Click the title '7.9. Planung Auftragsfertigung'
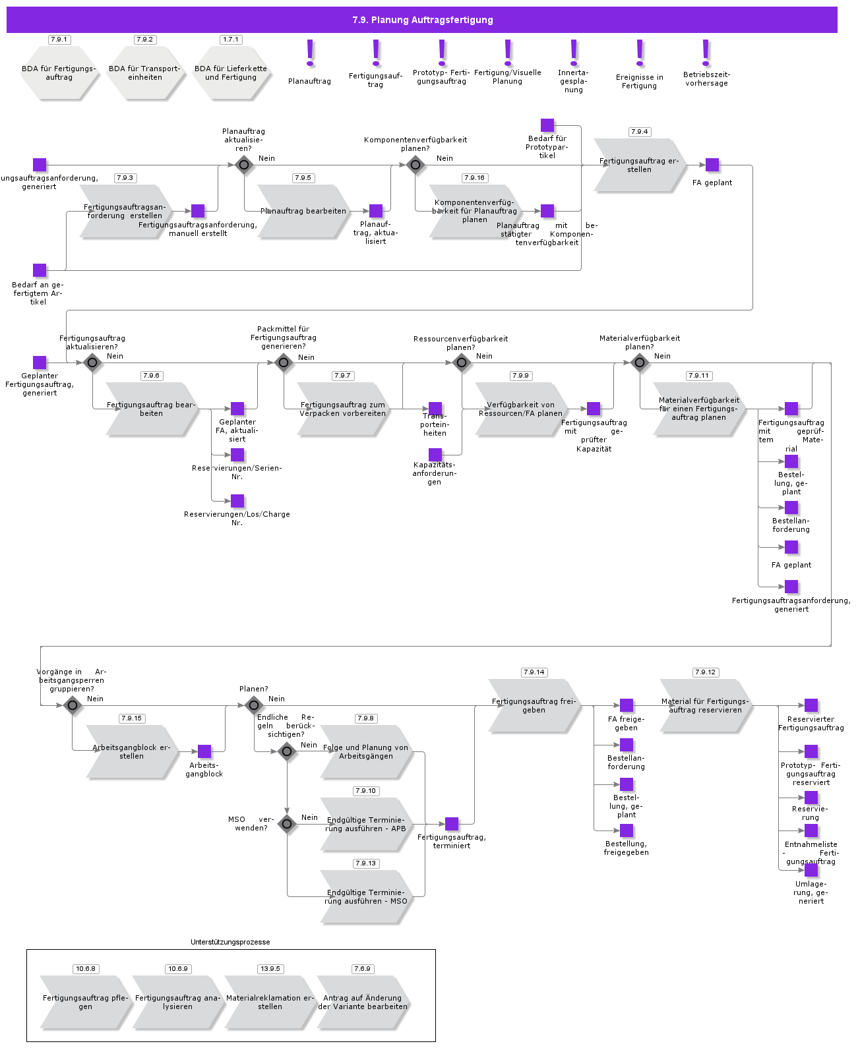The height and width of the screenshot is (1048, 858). (422, 20)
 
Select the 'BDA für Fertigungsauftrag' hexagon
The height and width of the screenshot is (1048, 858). (59, 73)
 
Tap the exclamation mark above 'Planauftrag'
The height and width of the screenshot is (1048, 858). (310, 53)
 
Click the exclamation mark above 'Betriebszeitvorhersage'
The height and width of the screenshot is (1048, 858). (706, 53)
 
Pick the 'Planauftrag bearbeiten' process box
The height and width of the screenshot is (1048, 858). (303, 211)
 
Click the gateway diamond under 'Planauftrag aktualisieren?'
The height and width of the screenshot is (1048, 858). (244, 165)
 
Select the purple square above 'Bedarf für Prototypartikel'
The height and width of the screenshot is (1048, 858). (547, 125)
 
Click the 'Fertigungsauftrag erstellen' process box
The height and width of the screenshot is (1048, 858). (639, 165)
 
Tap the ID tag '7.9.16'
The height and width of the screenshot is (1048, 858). (474, 178)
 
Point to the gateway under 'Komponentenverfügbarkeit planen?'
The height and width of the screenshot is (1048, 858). (415, 165)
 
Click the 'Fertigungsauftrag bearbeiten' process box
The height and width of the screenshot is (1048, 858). (152, 409)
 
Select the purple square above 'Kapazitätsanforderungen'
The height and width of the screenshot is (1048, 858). (435, 455)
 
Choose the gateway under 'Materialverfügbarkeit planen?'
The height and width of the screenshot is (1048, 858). (640, 363)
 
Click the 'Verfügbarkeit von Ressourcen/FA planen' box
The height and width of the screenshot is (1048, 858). (521, 409)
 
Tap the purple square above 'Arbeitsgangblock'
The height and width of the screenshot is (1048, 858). (204, 751)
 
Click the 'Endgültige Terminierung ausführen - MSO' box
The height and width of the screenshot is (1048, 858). (366, 896)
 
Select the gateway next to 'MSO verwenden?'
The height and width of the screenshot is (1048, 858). (287, 824)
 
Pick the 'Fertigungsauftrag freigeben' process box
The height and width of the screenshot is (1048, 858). (534, 705)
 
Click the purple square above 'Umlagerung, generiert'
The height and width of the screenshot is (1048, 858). (811, 870)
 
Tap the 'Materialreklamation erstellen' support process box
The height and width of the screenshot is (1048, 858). (270, 1002)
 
